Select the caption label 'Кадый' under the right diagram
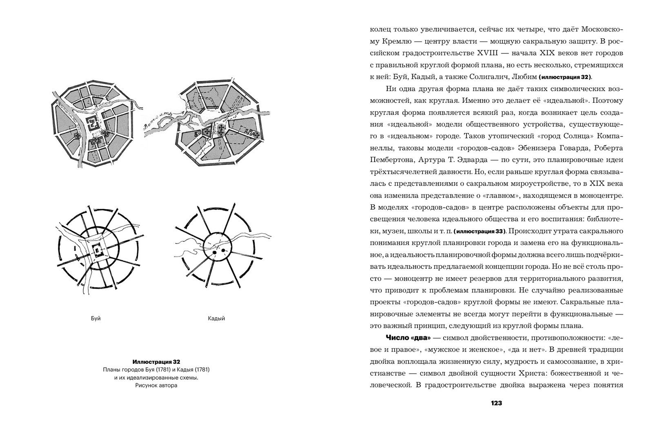coord(216,319)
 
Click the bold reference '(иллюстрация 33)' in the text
coord(480,232)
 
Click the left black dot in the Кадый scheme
coord(214,254)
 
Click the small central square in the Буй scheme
coord(98,249)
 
